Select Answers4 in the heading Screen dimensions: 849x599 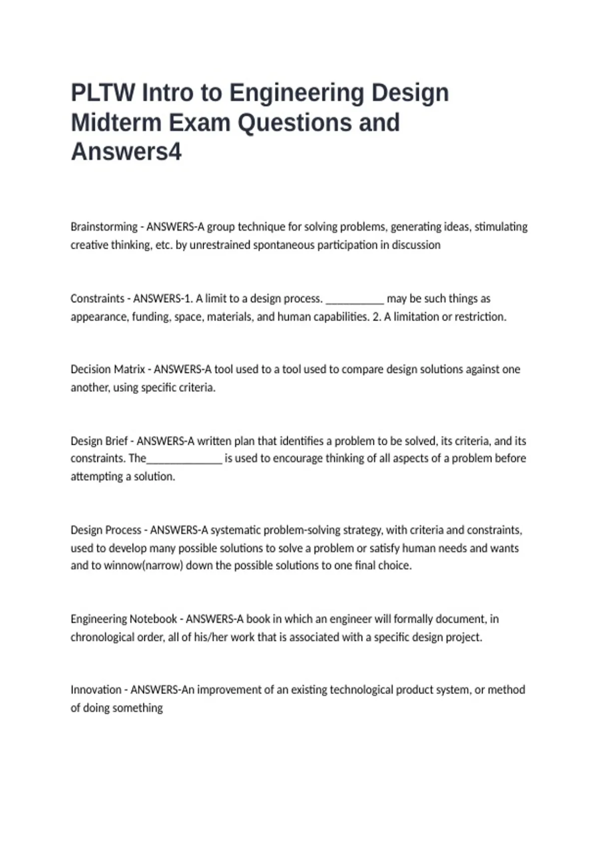click(126, 152)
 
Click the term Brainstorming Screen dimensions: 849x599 click(104, 227)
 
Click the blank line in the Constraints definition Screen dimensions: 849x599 click(354, 300)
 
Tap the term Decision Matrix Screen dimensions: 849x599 click(107, 370)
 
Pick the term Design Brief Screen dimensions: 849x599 click(99, 441)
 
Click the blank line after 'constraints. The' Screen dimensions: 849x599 click(184, 459)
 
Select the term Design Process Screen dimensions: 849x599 click(106, 530)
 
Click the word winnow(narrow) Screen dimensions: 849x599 click(143, 566)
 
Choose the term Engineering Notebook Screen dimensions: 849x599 click(124, 619)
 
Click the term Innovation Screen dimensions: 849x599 click(96, 690)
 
